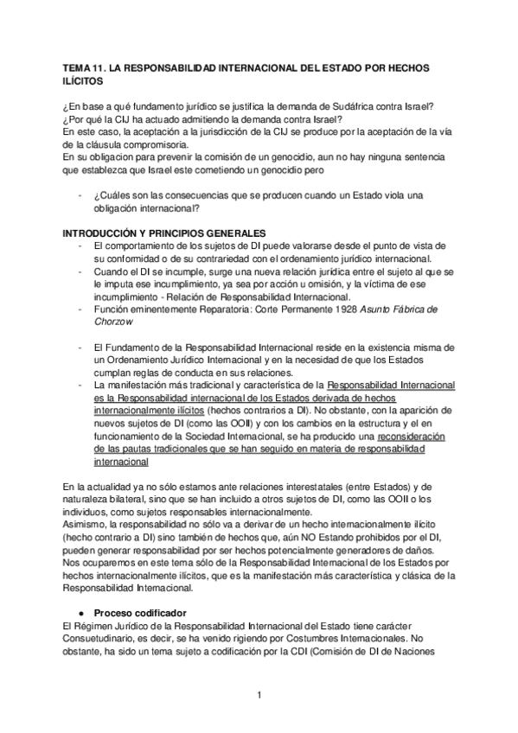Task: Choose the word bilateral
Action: (x=125, y=500)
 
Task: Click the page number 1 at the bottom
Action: (x=259, y=695)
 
